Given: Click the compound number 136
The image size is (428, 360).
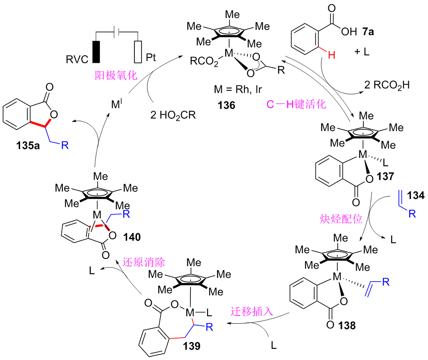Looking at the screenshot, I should (226, 104).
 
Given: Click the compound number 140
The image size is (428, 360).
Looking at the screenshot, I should (132, 235).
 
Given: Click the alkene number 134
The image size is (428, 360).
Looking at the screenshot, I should (413, 196).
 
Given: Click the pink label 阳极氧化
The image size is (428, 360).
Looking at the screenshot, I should (116, 76).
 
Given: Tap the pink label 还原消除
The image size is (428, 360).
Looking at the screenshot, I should (144, 262).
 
